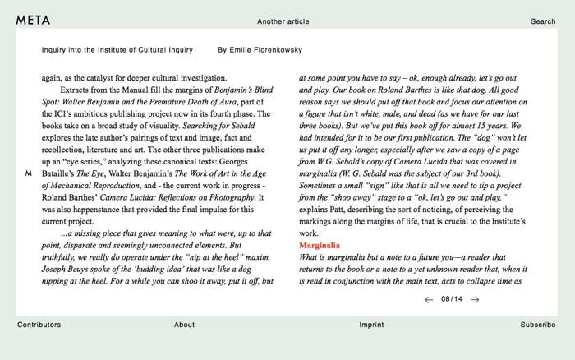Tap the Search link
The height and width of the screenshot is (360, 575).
point(543,21)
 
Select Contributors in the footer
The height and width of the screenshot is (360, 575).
point(39,325)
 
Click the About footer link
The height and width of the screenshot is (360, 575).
point(184,325)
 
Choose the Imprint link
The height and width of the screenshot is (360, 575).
point(371,325)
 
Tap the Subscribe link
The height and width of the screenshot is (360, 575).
point(537,325)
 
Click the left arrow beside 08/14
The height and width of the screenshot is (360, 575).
point(429,300)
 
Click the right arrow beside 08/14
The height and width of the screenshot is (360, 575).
point(476,300)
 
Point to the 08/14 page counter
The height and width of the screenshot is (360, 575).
point(452,300)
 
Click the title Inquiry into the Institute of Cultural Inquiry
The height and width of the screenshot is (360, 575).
point(117,50)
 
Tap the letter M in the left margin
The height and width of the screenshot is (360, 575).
point(29,173)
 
